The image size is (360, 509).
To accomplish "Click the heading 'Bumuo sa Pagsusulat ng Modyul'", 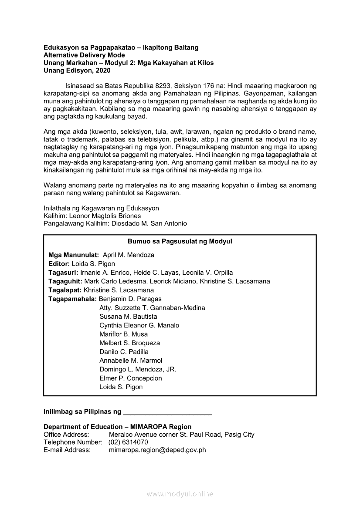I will (180, 241).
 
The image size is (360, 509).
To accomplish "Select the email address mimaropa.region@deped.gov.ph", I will (157, 450).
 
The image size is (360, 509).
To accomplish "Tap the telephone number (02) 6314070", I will (128, 442).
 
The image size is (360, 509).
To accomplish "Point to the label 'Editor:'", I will (59, 263).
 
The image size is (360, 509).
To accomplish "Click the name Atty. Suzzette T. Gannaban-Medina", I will (152, 308).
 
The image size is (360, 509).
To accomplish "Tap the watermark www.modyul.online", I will (180, 494).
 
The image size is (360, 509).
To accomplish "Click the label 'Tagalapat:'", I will (65, 290).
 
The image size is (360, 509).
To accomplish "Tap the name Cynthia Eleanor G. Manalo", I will (139, 325).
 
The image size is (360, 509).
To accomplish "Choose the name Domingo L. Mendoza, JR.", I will (138, 369).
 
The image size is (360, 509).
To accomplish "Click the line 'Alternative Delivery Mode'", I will (84, 55).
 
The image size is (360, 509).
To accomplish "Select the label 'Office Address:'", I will (66, 435).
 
